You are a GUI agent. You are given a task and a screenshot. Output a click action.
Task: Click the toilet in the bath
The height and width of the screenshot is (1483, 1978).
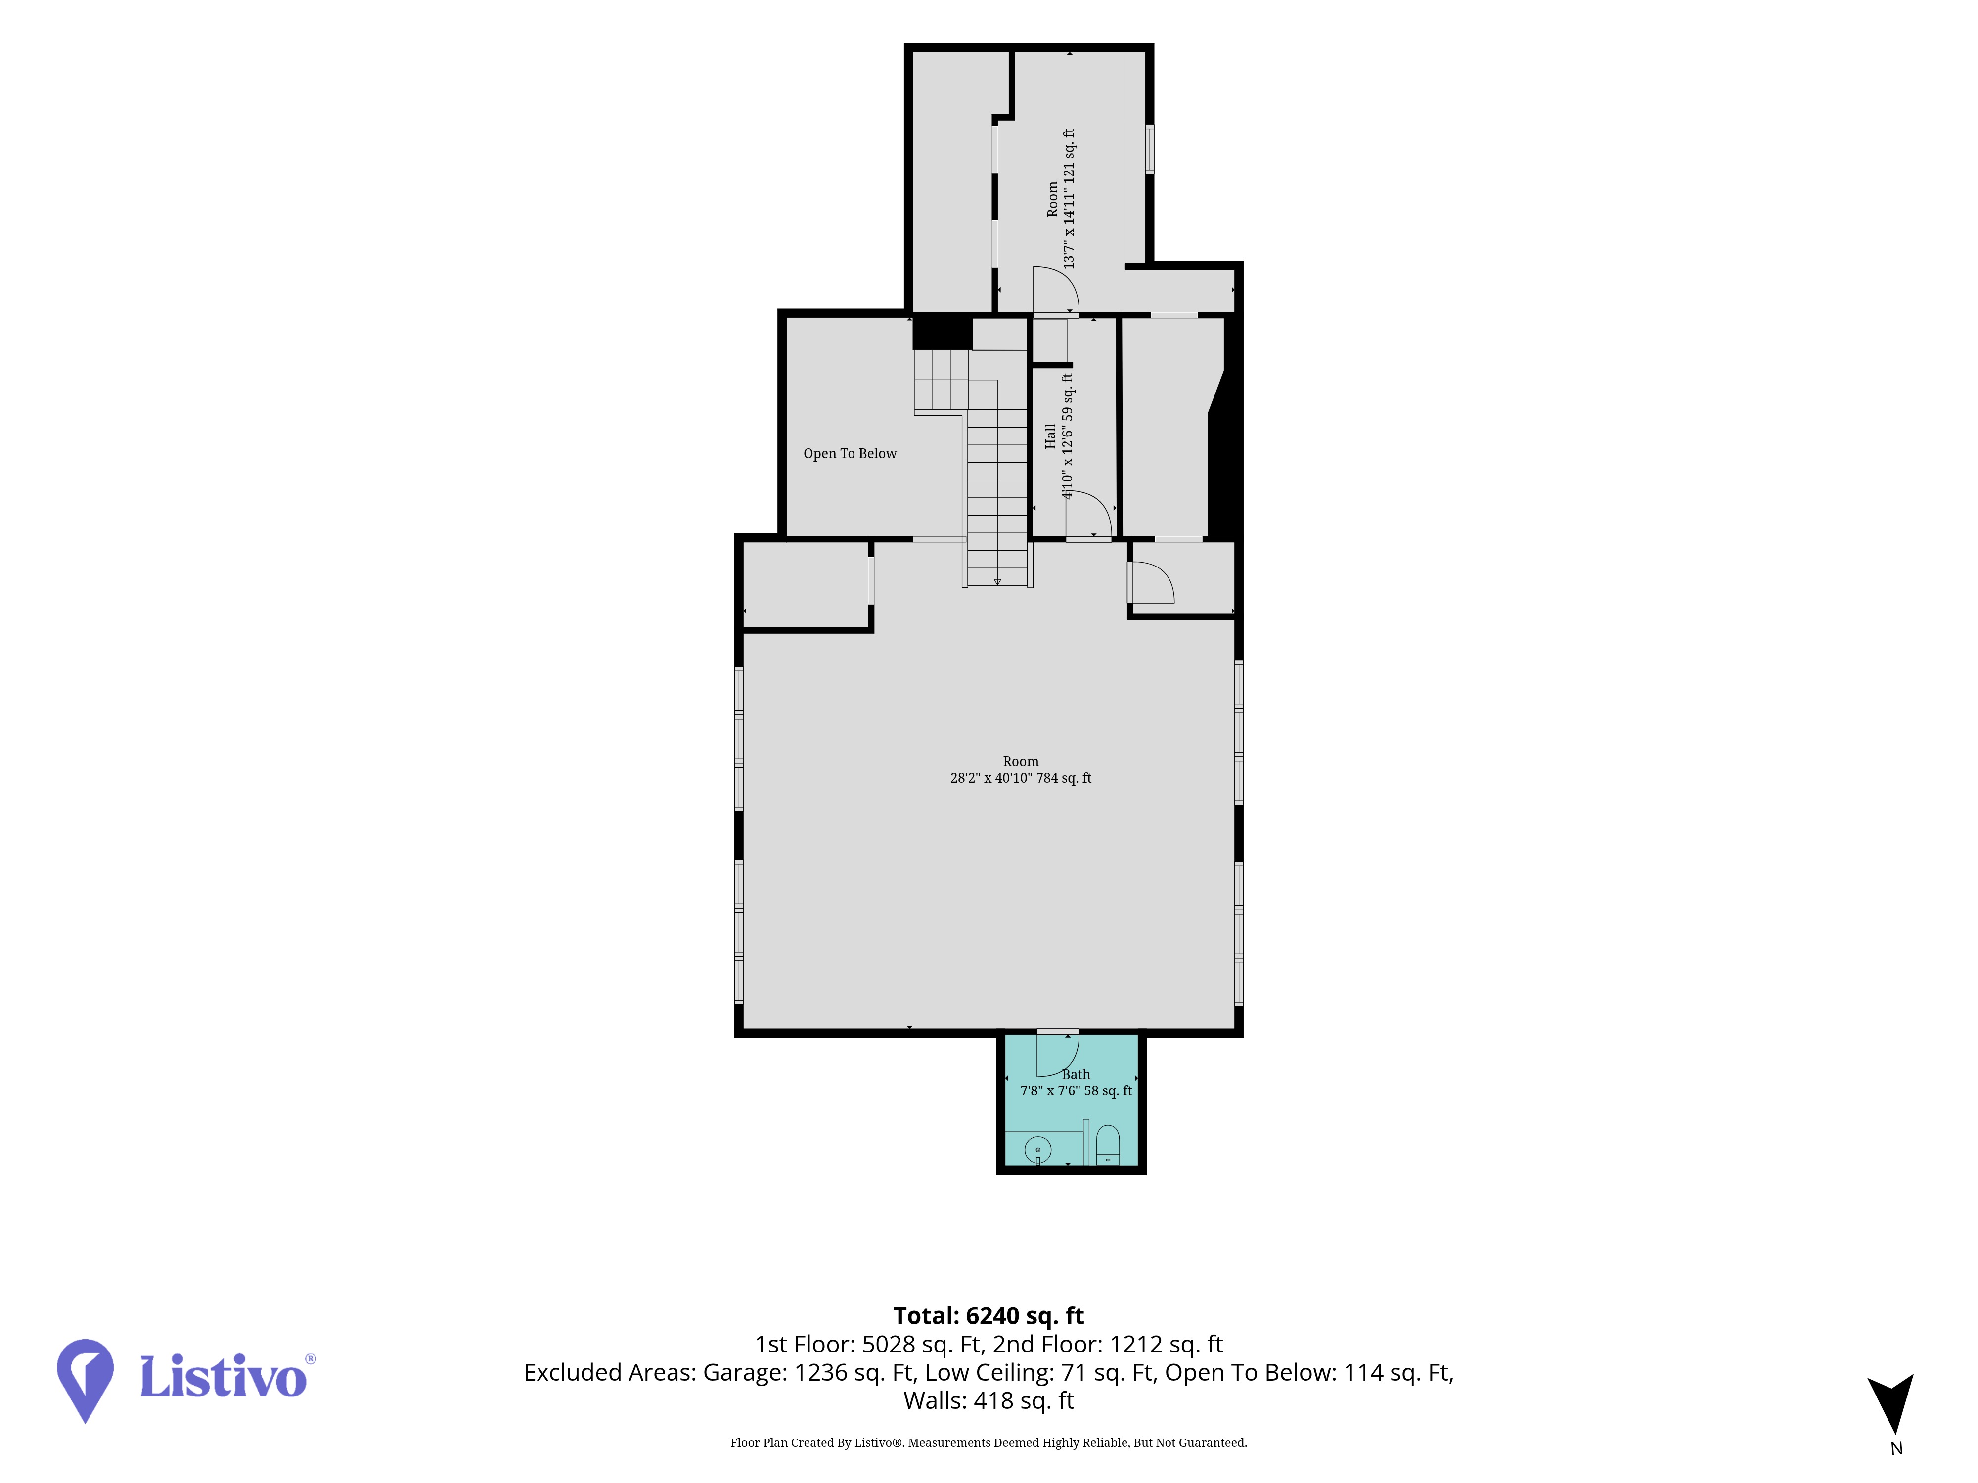tap(1107, 1145)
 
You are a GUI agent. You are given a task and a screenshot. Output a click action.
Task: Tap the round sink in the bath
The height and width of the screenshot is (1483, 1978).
tap(1037, 1149)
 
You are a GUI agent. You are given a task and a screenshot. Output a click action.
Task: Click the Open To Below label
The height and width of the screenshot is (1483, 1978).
tap(850, 453)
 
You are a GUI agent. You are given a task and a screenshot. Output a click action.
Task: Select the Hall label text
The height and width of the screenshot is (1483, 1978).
tap(1050, 436)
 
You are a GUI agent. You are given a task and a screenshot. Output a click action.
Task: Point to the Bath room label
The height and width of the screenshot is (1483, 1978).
tap(1076, 1075)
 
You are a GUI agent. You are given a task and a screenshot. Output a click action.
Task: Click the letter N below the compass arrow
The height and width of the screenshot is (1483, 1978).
tap(1896, 1449)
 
